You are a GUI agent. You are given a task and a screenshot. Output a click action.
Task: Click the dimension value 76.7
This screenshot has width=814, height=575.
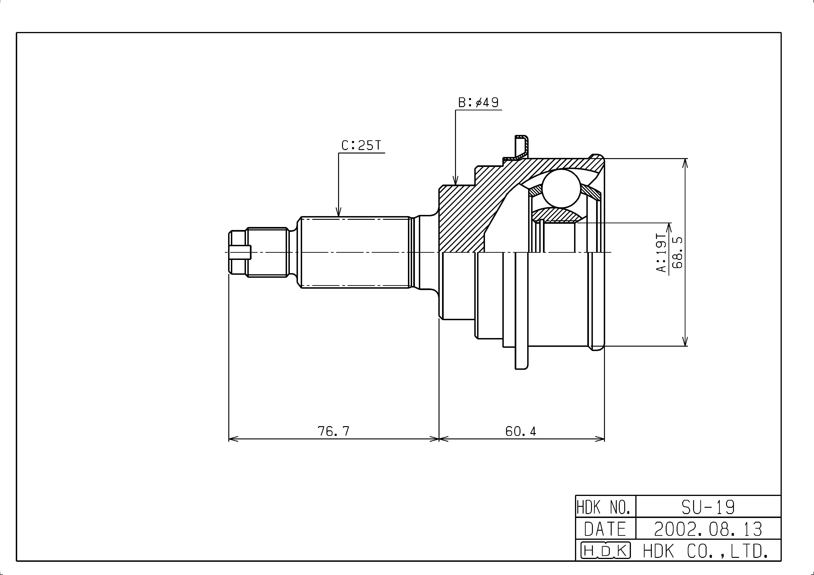(x=334, y=431)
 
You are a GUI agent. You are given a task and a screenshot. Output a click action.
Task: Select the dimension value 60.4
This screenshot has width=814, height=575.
(x=521, y=431)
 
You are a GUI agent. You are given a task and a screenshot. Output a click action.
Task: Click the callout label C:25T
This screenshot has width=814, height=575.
(x=361, y=145)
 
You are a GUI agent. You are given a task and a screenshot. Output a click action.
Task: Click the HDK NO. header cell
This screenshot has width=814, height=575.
(x=606, y=507)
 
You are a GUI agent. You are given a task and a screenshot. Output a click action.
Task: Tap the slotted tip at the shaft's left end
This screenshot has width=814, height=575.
(x=240, y=252)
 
